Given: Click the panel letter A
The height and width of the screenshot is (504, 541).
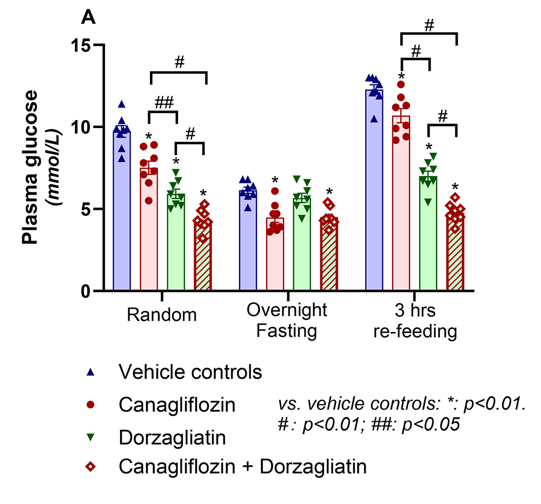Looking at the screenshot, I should (88, 18).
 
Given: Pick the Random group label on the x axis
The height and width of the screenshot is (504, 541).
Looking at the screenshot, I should (161, 314).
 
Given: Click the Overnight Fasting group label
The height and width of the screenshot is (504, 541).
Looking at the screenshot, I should (287, 320).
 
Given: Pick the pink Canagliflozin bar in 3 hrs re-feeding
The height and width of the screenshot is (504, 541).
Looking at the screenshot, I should (401, 205).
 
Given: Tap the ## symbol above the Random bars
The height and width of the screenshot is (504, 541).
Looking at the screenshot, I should (162, 103).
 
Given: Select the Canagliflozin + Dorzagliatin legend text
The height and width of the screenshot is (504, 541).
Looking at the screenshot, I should (242, 466).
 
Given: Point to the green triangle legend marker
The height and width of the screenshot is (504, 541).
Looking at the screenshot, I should (91, 435).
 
